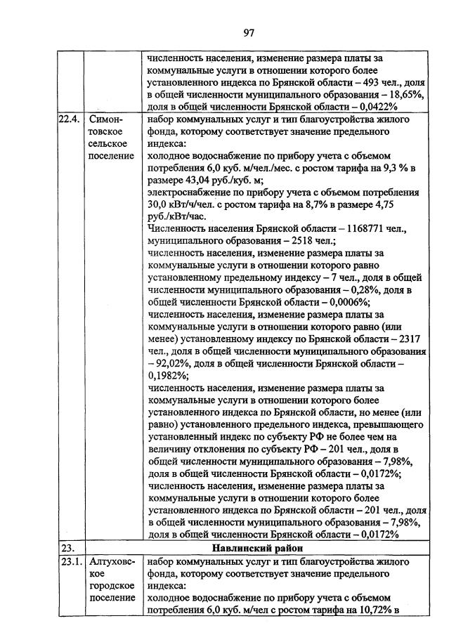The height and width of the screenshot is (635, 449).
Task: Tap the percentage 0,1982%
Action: tap(167, 375)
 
